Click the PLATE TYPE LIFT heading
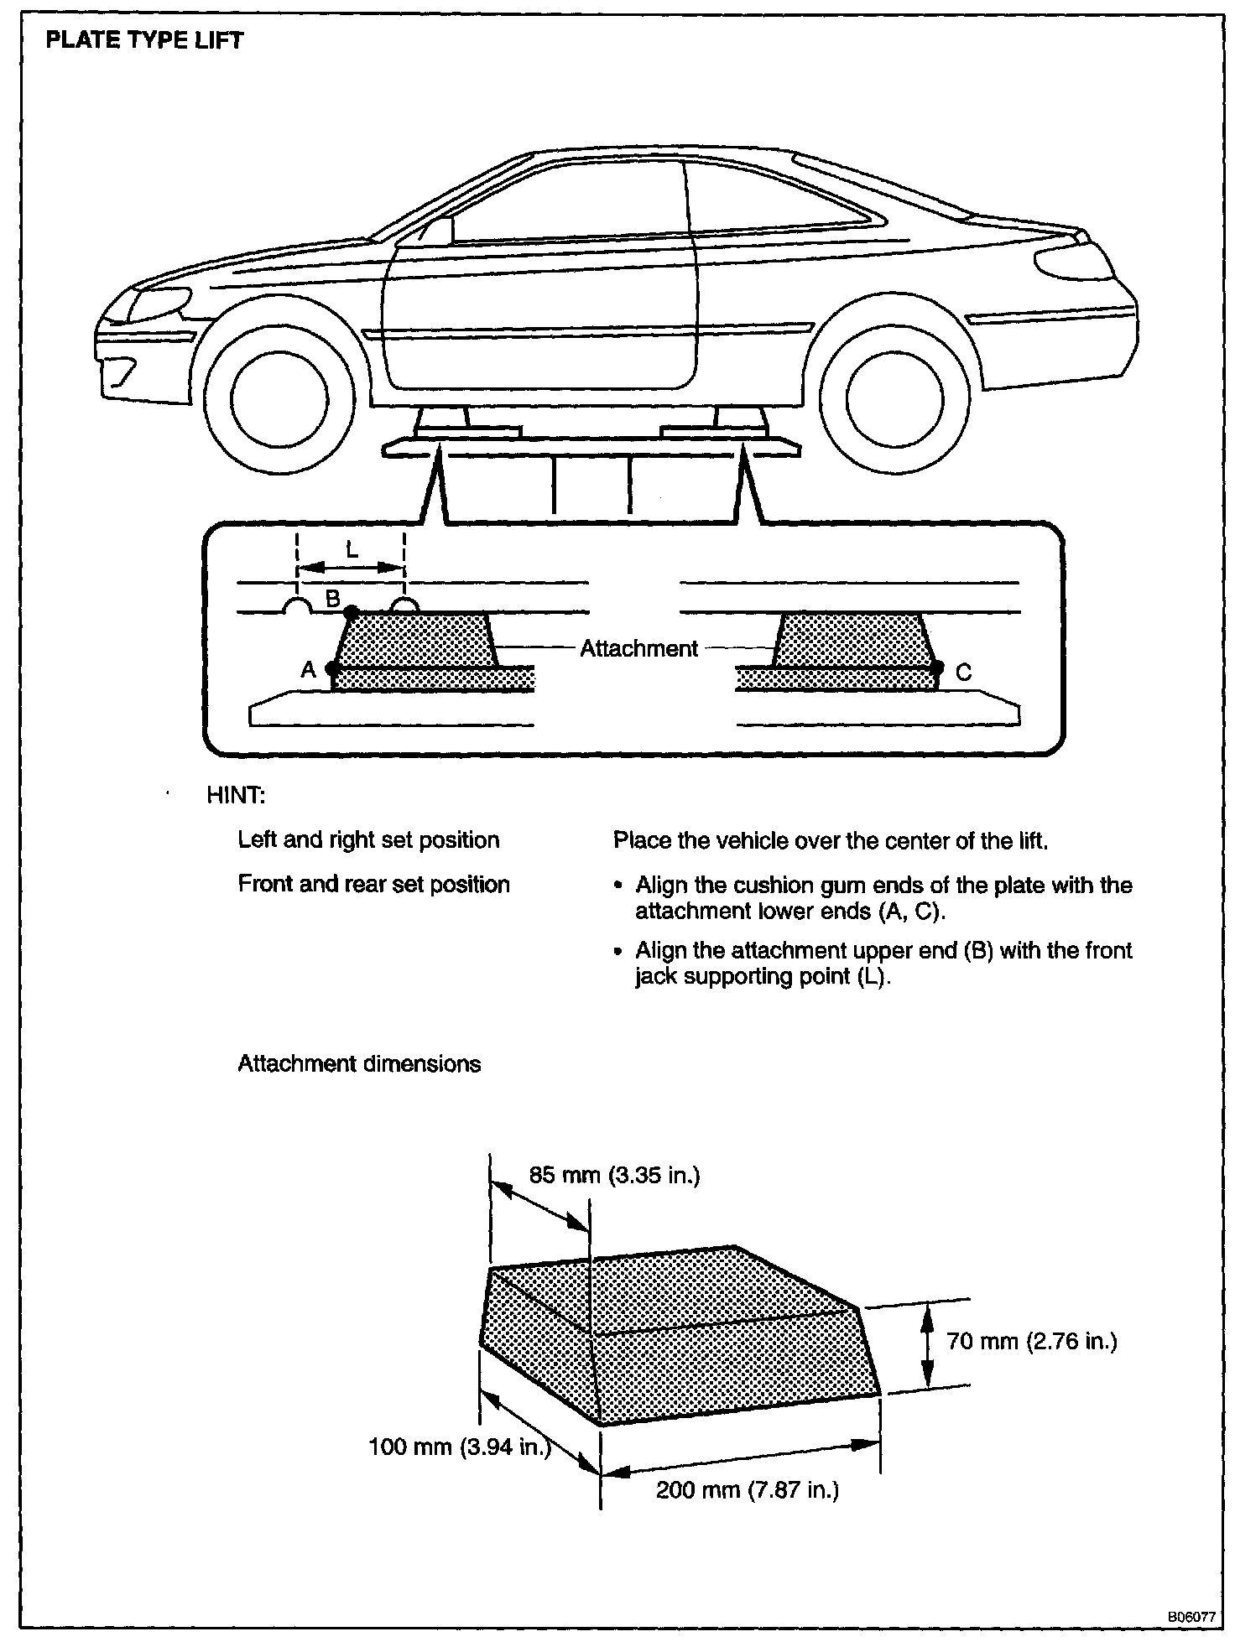(x=143, y=40)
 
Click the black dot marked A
(x=332, y=669)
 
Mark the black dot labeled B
(x=352, y=612)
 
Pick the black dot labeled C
(x=938, y=668)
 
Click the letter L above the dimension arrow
(x=352, y=550)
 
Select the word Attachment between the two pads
(x=638, y=648)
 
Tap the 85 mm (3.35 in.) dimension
(x=614, y=1175)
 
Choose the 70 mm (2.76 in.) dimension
(x=1031, y=1342)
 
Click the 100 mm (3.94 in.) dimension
(x=459, y=1447)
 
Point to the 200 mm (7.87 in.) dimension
(x=747, y=1489)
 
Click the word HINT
(x=236, y=795)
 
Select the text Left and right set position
(x=368, y=840)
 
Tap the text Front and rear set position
(x=373, y=885)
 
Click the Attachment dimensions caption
(x=359, y=1064)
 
